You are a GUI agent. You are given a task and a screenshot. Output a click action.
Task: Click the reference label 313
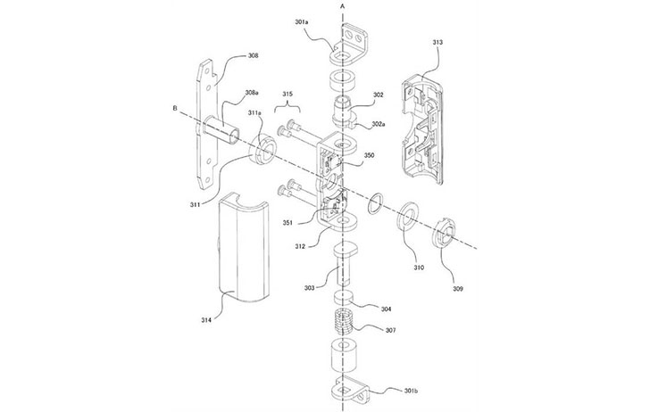pos(437,42)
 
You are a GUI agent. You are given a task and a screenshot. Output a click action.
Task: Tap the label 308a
pos(251,93)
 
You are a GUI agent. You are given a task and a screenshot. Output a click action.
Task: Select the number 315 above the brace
pos(287,94)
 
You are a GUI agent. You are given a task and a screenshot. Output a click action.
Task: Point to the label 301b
pos(411,391)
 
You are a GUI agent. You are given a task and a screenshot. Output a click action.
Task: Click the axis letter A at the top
pos(342,6)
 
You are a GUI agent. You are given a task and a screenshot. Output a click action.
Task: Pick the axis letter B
pos(175,108)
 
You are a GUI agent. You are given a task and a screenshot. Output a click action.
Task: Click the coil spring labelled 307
pos(343,321)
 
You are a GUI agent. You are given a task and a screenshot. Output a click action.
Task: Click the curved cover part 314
pos(244,245)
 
